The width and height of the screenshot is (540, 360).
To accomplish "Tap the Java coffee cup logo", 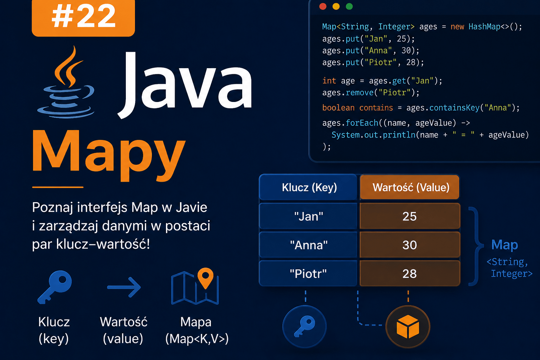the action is pyautogui.click(x=66, y=82).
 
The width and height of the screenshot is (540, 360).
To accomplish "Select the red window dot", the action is pyautogui.click(x=323, y=7).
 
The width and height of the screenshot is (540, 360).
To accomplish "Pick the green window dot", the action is pyautogui.click(x=349, y=7).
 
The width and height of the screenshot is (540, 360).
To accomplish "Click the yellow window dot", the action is pyautogui.click(x=336, y=7).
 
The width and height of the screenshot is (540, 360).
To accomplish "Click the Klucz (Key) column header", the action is pyautogui.click(x=308, y=187).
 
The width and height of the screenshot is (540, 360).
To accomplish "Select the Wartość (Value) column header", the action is pyautogui.click(x=410, y=187).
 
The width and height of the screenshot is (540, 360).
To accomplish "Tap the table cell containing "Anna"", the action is pyautogui.click(x=308, y=245).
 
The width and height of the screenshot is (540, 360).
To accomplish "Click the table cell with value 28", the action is pyautogui.click(x=410, y=274).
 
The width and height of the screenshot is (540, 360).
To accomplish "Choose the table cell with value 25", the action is pyautogui.click(x=410, y=216).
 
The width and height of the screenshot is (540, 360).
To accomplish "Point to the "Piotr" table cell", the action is pyautogui.click(x=308, y=274).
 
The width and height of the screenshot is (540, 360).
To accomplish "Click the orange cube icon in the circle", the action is pyautogui.click(x=408, y=327).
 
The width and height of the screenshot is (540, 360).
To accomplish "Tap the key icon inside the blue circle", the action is pyautogui.click(x=304, y=326).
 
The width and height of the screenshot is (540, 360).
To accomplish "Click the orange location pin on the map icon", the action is pyautogui.click(x=205, y=278).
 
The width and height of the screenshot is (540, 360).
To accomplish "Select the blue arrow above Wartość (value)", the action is pyautogui.click(x=124, y=287).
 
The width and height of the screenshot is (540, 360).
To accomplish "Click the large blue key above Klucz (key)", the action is pyautogui.click(x=55, y=287).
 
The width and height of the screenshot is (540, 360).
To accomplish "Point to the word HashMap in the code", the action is pyautogui.click(x=484, y=26).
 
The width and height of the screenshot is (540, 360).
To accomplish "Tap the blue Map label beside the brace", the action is pyautogui.click(x=504, y=245).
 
